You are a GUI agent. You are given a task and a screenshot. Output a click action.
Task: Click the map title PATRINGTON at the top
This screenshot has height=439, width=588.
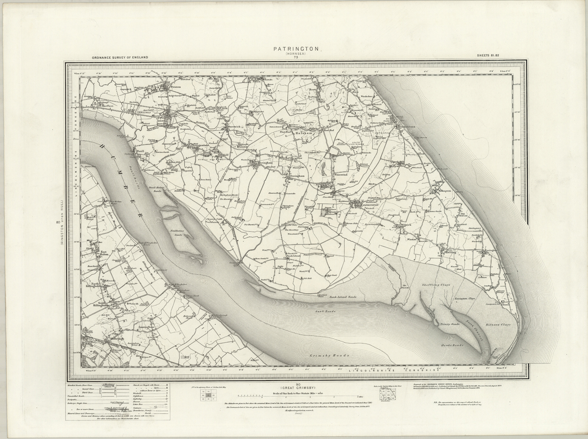tap(296, 50)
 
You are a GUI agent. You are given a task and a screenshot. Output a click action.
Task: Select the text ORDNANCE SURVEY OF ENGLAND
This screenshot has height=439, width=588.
tap(120, 57)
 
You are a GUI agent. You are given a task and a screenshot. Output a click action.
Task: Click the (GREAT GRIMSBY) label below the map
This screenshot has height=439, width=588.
tap(296, 387)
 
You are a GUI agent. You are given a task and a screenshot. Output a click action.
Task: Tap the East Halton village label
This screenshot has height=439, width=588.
tap(104, 253)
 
